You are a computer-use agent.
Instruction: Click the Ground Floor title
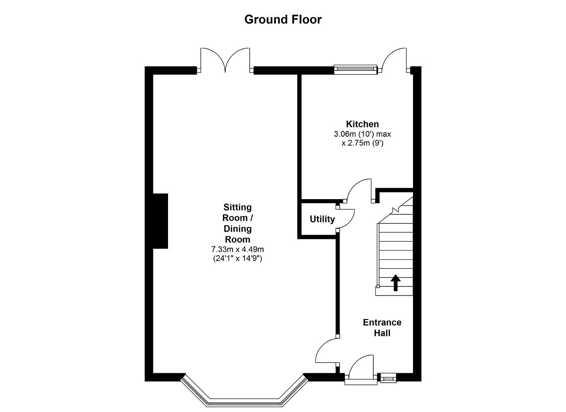[283, 20]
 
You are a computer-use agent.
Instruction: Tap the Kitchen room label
[362, 124]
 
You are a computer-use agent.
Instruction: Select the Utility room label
[322, 219]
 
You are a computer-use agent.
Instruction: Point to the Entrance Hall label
[382, 327]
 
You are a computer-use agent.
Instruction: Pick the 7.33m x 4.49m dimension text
[237, 250]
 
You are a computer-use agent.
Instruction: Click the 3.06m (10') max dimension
[362, 134]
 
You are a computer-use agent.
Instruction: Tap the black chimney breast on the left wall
[160, 221]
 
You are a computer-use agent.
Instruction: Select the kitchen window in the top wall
[356, 70]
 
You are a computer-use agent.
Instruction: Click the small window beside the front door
[388, 378]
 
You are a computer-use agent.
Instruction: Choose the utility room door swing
[346, 219]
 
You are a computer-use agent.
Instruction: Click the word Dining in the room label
[237, 229]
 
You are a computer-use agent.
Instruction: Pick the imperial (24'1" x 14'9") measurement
[237, 258]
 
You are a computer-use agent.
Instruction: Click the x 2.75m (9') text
[362, 143]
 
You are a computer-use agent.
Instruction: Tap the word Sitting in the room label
[237, 208]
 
